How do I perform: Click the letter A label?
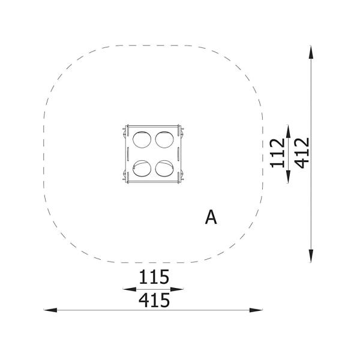pyautogui.click(x=211, y=217)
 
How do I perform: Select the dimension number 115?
pyautogui.click(x=154, y=277)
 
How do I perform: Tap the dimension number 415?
pyautogui.click(x=154, y=301)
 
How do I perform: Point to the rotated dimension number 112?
pyautogui.click(x=277, y=153)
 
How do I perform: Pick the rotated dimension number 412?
pyautogui.click(x=302, y=153)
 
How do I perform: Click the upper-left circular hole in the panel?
pyautogui.click(x=142, y=140)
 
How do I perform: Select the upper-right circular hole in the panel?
pyautogui.click(x=164, y=140)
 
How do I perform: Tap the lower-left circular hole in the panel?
pyautogui.click(x=142, y=168)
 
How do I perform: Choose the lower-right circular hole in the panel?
pyautogui.click(x=164, y=168)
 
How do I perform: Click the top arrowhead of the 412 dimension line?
pyautogui.click(x=311, y=52)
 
